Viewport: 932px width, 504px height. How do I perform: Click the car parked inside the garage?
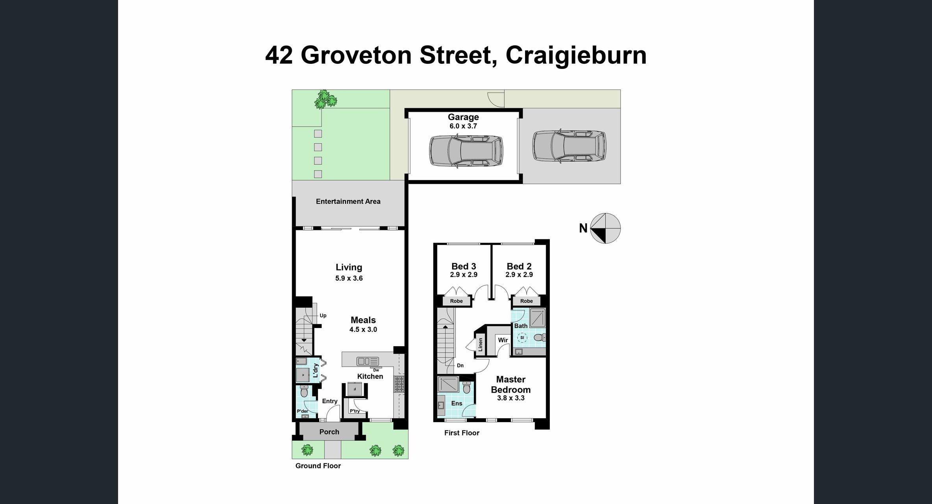(466, 151)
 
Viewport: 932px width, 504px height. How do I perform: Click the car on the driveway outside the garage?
(569, 146)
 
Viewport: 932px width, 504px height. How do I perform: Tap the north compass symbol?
(605, 228)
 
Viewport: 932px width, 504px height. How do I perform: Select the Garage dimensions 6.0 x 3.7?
(463, 126)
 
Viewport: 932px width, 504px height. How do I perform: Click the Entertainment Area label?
(348, 202)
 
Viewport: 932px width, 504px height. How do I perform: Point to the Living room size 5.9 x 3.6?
(349, 278)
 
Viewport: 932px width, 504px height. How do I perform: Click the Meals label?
(363, 320)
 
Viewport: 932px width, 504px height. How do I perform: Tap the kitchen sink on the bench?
(367, 361)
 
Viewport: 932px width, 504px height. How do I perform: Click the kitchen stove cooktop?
(399, 384)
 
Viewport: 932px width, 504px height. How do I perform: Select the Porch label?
(329, 432)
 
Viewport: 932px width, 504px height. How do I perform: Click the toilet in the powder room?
(304, 392)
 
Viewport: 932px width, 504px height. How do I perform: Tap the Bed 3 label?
(463, 267)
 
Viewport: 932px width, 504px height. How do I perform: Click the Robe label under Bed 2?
(526, 301)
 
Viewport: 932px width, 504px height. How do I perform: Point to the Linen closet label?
(480, 345)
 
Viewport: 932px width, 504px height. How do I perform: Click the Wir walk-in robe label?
(503, 340)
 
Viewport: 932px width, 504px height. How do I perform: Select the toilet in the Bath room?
(539, 337)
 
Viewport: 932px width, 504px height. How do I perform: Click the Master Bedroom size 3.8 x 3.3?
(510, 398)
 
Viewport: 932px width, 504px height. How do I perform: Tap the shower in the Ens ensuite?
(448, 384)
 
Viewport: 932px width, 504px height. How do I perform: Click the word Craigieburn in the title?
(575, 55)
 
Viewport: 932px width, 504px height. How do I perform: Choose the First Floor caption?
(461, 433)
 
